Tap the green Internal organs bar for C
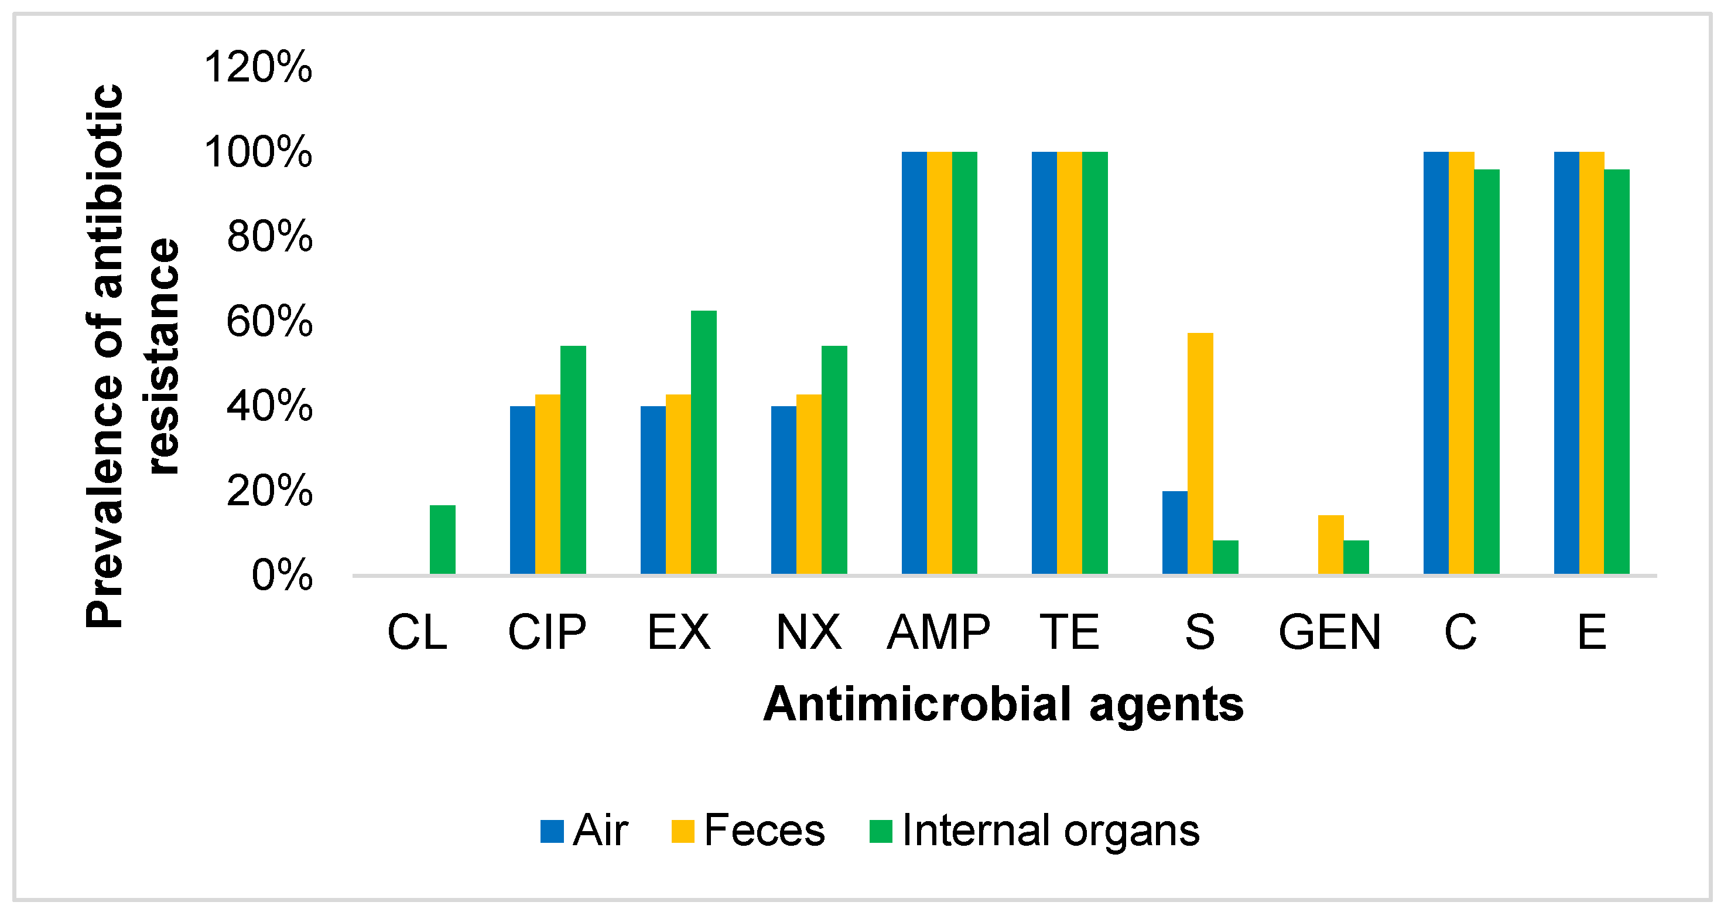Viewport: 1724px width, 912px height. click(x=1486, y=372)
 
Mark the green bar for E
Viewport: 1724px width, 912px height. click(x=1616, y=372)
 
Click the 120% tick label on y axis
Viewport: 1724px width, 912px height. click(x=258, y=67)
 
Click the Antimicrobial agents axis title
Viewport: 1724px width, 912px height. click(x=1003, y=705)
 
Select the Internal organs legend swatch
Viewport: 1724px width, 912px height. click(x=880, y=831)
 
